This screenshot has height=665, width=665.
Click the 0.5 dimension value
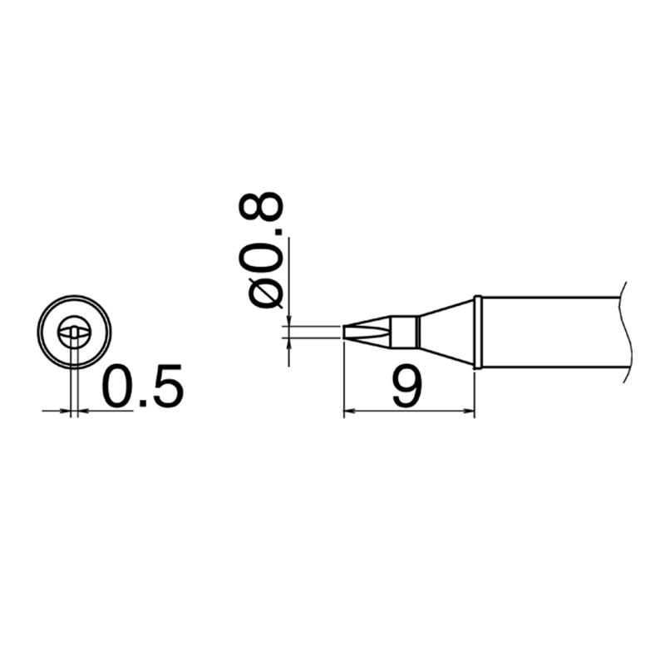pyautogui.click(x=143, y=387)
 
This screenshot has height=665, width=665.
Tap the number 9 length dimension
pyautogui.click(x=407, y=387)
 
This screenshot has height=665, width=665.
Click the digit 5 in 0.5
pyautogui.click(x=169, y=387)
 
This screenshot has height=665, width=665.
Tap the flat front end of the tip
pyautogui.click(x=344, y=332)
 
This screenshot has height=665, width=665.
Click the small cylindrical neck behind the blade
pyautogui.click(x=404, y=332)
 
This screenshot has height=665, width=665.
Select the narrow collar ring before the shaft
pyautogui.click(x=477, y=332)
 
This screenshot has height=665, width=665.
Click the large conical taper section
pyautogui.click(x=446, y=332)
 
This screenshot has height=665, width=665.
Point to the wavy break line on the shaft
pyautogui.click(x=626, y=332)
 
